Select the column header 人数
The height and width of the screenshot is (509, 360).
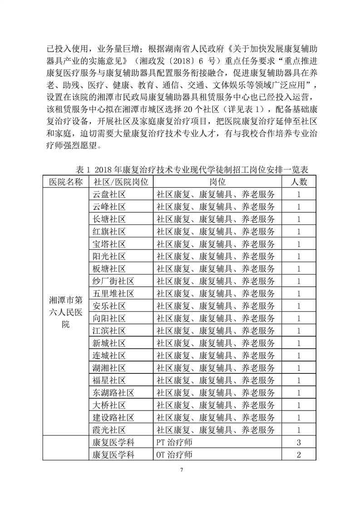click(299, 182)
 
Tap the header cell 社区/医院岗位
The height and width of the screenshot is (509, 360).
click(121, 182)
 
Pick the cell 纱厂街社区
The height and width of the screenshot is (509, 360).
click(113, 280)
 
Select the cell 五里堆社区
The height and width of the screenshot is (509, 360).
click(113, 293)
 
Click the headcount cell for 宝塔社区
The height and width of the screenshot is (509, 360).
click(299, 244)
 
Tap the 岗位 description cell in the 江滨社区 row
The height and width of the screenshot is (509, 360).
click(216, 330)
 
